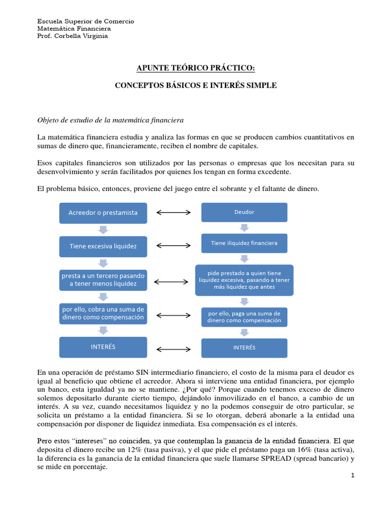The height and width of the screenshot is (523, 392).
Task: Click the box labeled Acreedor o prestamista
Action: coord(103,213)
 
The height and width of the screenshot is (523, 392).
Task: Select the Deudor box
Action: coord(244,212)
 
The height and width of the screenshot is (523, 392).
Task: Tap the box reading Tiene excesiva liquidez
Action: coord(103,246)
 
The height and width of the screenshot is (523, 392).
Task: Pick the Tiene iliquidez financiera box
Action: coord(244,244)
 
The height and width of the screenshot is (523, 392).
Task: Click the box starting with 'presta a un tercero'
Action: coord(103,279)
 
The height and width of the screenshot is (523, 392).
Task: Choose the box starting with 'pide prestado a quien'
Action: coord(244,280)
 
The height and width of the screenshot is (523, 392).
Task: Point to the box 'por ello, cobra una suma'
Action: coord(103,314)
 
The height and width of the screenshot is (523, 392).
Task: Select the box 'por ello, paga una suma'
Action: coord(244,317)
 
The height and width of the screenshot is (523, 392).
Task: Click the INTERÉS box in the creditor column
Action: coord(103,347)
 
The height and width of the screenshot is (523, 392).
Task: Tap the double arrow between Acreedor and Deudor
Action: coord(174,212)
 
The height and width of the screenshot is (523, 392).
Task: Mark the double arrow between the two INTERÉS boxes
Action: coord(174,349)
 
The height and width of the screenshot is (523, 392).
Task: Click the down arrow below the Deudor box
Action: coord(244,228)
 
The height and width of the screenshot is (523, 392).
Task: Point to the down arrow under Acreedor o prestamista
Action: coord(103,229)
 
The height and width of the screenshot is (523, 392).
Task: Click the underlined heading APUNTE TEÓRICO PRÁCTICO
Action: coord(195,68)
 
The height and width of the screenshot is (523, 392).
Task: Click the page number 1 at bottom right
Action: coord(352,476)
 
